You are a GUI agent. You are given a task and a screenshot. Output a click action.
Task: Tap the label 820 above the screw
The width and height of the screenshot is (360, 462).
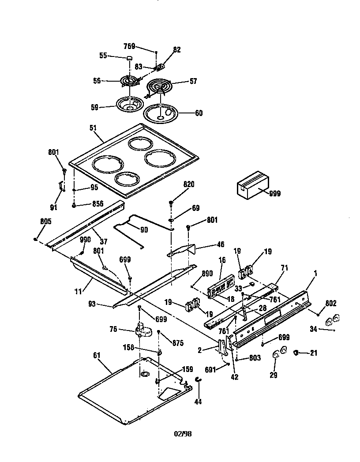[x=189, y=184]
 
